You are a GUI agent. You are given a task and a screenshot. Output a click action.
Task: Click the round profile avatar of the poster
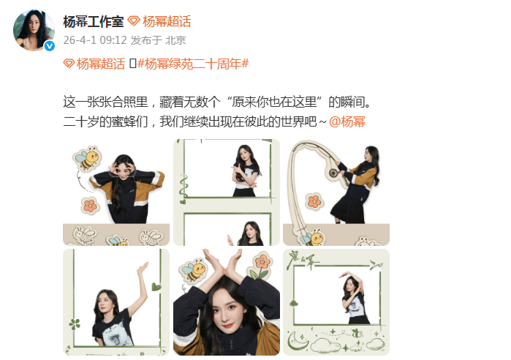click(34, 31)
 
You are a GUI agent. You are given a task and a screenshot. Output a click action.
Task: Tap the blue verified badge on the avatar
click(49, 46)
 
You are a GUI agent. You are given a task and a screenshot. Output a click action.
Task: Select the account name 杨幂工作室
click(93, 20)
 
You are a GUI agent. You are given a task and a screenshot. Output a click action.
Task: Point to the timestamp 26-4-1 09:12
click(94, 40)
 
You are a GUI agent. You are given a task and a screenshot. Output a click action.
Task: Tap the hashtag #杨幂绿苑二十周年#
click(193, 64)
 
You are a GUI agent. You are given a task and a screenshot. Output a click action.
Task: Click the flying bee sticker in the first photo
click(87, 159)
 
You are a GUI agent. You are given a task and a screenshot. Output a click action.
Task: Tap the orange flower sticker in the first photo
click(90, 205)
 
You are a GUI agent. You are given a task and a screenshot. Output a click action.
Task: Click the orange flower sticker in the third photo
click(314, 200)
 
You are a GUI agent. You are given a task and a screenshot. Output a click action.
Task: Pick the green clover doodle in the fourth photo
click(75, 323)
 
